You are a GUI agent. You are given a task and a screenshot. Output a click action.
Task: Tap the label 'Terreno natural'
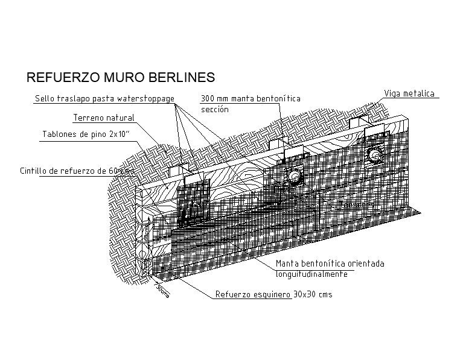104,118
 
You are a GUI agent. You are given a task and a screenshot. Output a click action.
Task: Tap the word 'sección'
214,110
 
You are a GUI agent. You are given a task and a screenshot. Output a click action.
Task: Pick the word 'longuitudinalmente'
311,274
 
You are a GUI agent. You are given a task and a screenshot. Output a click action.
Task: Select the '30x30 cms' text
313,295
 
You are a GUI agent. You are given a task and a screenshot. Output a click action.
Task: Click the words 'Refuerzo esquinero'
253,295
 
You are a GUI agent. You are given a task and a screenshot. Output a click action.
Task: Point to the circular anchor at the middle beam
295,176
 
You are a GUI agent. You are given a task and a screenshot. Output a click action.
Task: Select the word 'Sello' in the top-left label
45,98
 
